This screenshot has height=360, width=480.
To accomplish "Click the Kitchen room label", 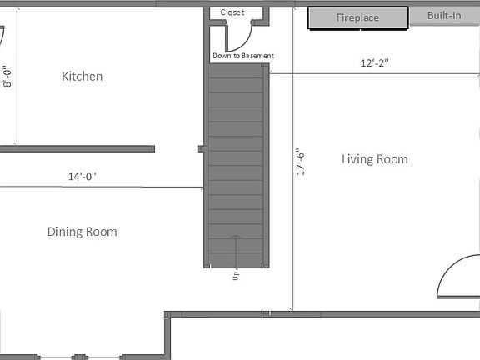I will [x=82, y=77].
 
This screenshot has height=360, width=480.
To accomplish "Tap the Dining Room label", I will [x=82, y=232].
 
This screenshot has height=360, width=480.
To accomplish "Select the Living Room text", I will [x=375, y=159].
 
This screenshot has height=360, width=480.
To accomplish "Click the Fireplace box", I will [x=358, y=17].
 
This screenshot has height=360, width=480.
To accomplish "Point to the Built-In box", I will [x=444, y=16].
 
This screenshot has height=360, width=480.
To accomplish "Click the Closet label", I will [x=232, y=12].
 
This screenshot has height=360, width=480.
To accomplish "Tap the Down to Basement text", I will [x=243, y=56].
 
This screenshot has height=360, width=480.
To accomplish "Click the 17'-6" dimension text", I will [x=302, y=162].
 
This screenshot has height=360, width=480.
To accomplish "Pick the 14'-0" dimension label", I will [x=82, y=177].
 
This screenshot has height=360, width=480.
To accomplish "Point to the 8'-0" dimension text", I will [x=7, y=77].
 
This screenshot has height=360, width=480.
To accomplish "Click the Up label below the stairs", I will [x=237, y=274].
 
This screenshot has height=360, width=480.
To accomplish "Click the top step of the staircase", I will [x=237, y=72].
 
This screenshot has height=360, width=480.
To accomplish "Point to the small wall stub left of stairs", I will [x=201, y=148].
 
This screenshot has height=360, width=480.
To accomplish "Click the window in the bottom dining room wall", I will [x=80, y=357].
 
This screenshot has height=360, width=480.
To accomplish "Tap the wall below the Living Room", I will [x=333, y=314].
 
